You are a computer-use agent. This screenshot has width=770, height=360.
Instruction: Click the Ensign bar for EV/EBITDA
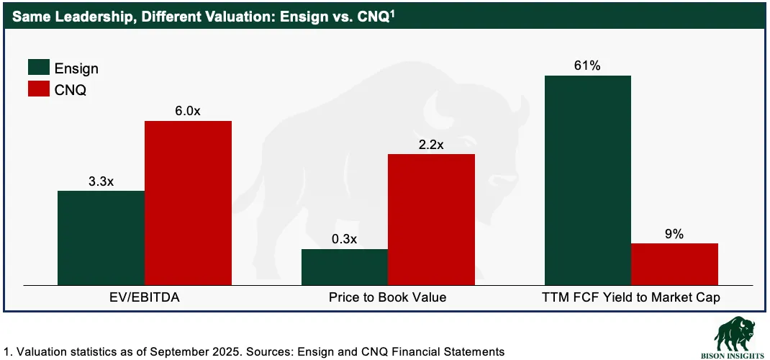pyautogui.click(x=101, y=238)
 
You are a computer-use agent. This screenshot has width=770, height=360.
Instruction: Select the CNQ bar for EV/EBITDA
pyautogui.click(x=188, y=202)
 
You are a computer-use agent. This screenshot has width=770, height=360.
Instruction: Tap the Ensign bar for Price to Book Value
pyautogui.click(x=345, y=266)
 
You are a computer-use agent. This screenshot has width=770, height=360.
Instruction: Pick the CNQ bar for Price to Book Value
pyautogui.click(x=431, y=219)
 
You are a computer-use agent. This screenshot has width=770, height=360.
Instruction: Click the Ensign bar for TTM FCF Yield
pyautogui.click(x=588, y=180)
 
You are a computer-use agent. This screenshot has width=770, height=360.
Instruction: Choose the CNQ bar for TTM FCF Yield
pyautogui.click(x=674, y=264)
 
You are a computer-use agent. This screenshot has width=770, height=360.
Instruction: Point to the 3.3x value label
pyautogui.click(x=101, y=181)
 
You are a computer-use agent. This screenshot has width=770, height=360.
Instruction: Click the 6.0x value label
pyautogui.click(x=188, y=112)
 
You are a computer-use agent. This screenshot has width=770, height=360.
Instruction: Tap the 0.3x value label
pyautogui.click(x=345, y=240)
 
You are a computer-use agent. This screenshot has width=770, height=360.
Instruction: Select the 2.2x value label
pyautogui.click(x=431, y=145)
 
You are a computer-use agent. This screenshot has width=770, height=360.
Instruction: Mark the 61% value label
pyautogui.click(x=588, y=66)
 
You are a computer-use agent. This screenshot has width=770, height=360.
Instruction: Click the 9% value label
pyautogui.click(x=674, y=234)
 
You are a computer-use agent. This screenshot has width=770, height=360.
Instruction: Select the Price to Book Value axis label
pyautogui.click(x=388, y=297)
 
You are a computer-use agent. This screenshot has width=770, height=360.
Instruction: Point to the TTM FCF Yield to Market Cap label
pyautogui.click(x=631, y=297)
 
